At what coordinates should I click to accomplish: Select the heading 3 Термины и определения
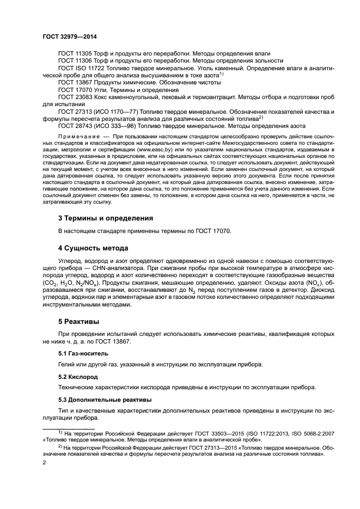(105, 218)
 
